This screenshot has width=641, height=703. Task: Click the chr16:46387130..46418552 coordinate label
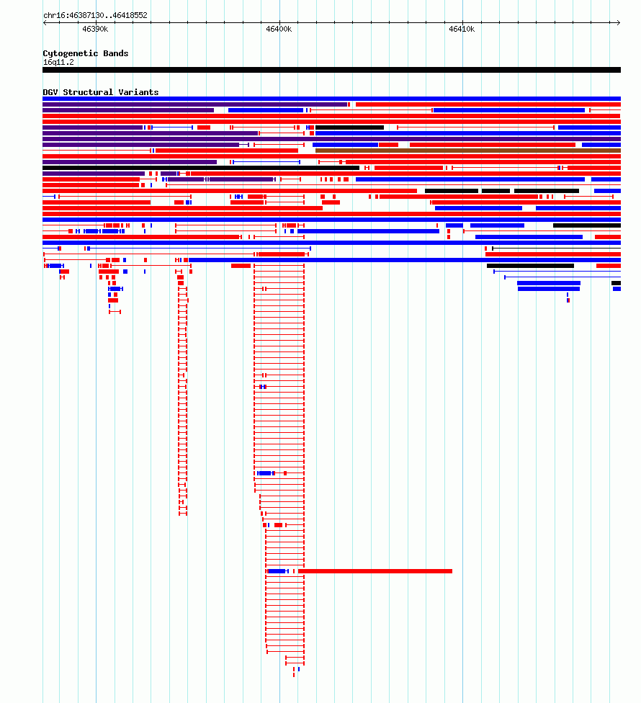(95, 15)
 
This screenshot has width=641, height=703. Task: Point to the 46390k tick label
(95, 29)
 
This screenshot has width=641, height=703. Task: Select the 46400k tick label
(278, 29)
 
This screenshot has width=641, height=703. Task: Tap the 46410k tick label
(462, 29)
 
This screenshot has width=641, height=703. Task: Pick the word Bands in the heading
(116, 53)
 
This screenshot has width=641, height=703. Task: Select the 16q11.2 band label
(58, 63)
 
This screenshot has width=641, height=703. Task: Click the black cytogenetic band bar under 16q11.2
(332, 70)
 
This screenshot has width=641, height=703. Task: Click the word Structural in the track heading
(88, 92)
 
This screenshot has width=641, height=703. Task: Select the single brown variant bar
(468, 151)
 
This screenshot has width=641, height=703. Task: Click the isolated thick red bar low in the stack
(375, 571)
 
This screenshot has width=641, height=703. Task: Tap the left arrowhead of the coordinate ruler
(45, 22)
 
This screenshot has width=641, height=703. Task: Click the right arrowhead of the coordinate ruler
(619, 22)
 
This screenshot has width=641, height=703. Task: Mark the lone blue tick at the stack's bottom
(299, 669)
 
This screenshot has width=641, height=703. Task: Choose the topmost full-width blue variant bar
(332, 99)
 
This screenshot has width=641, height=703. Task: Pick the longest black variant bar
(201, 168)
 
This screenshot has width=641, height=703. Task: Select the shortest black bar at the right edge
(617, 283)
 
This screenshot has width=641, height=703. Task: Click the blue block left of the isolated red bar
(277, 571)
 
